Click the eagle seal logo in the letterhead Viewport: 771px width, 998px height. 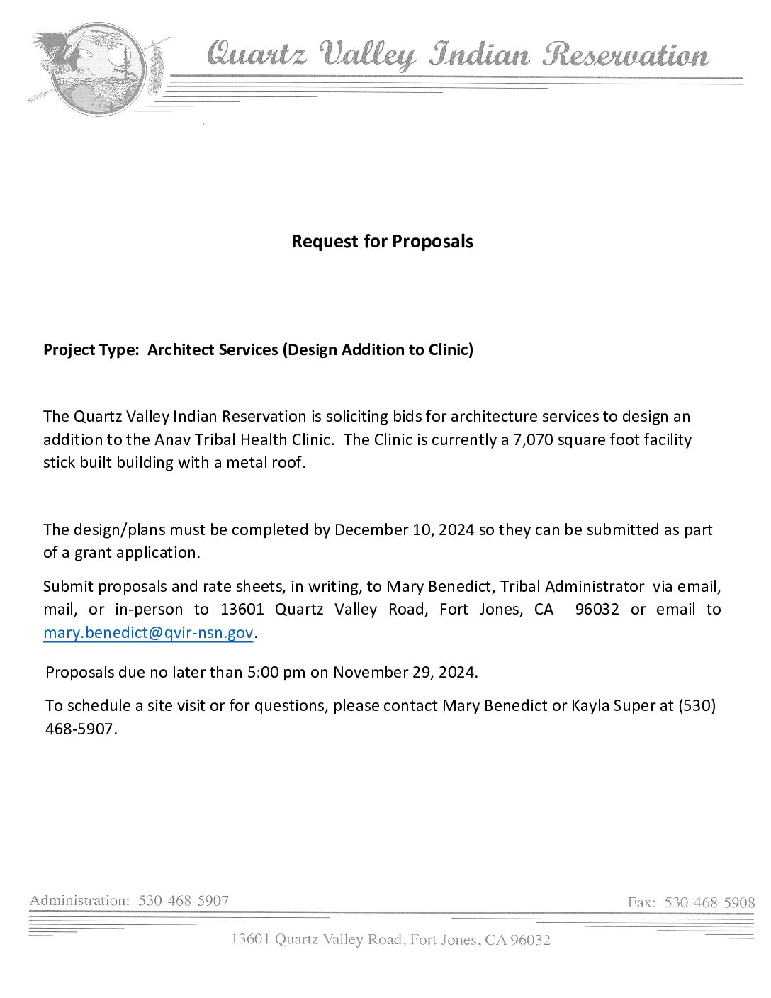pyautogui.click(x=89, y=69)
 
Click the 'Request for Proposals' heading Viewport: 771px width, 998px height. pyautogui.click(x=382, y=242)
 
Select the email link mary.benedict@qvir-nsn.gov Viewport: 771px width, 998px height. pyautogui.click(x=147, y=633)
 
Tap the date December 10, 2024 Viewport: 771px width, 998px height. pyautogui.click(x=404, y=529)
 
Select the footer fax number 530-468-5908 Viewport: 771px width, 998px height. pyautogui.click(x=709, y=902)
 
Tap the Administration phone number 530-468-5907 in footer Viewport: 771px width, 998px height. pyautogui.click(x=184, y=901)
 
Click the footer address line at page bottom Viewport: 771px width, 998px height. pyautogui.click(x=390, y=940)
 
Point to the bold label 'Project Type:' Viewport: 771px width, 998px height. pyautogui.click(x=91, y=349)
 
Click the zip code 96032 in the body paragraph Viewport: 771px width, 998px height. pyautogui.click(x=597, y=610)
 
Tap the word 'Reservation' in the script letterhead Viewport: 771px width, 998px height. pyautogui.click(x=626, y=55)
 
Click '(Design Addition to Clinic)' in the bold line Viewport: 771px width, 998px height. pyautogui.click(x=378, y=349)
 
